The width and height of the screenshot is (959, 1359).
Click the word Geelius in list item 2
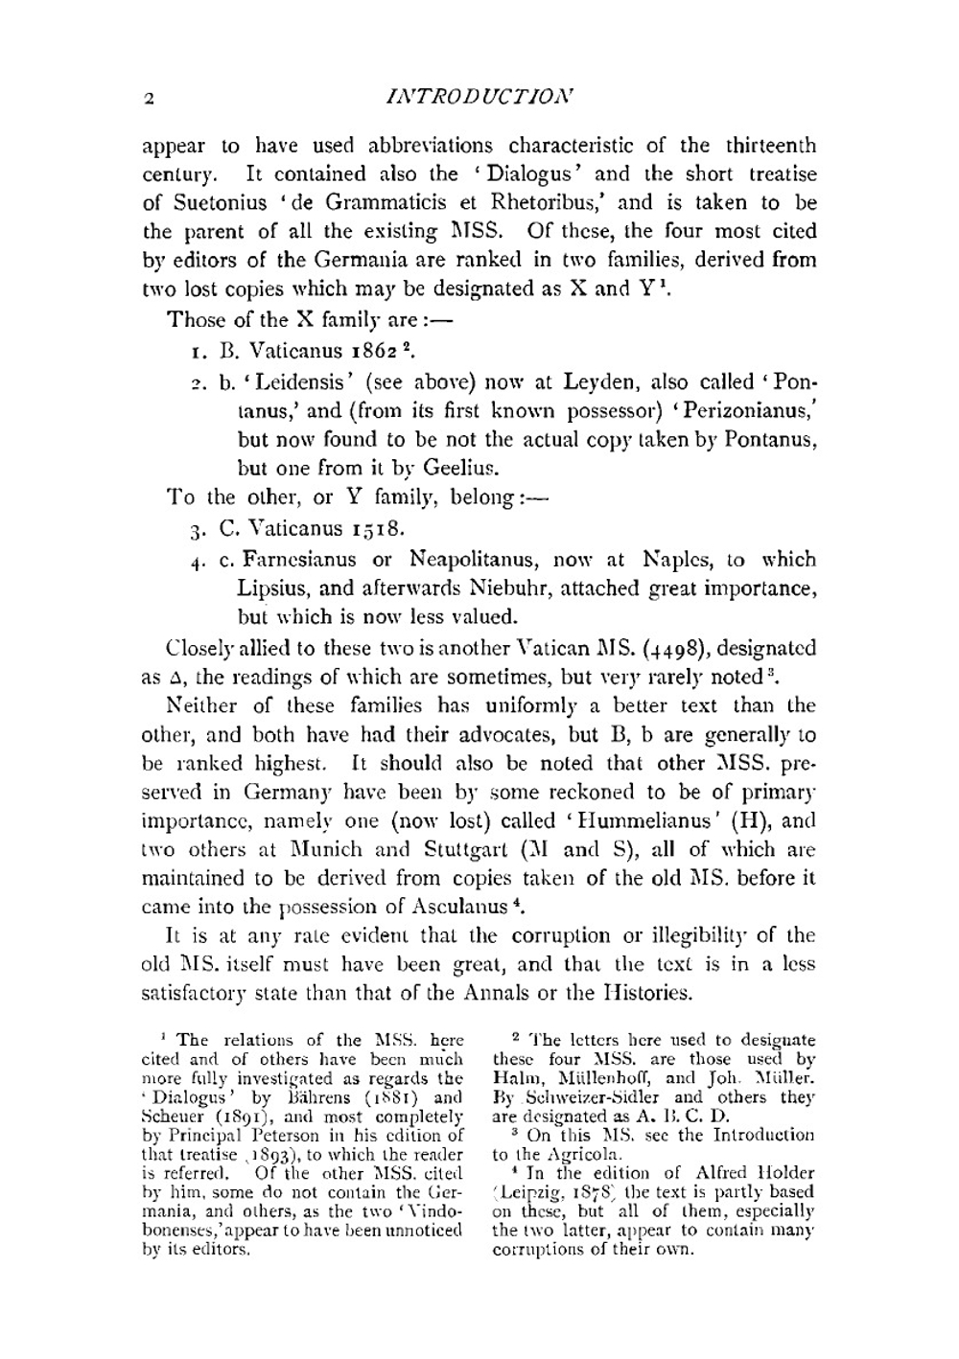click(x=467, y=469)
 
